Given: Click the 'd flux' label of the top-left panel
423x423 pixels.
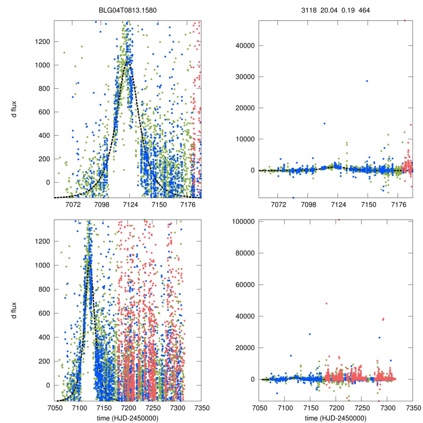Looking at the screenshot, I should (14, 109).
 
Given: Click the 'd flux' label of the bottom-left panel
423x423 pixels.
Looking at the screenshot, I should (14, 310).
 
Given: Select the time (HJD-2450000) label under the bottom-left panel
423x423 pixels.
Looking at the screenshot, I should (127, 418).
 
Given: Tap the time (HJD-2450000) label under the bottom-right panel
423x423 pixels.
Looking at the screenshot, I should (335, 418).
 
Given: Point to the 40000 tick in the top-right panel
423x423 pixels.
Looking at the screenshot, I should (244, 45).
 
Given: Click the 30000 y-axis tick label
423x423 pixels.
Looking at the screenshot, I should (244, 76).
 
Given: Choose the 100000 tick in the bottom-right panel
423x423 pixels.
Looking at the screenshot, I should (242, 221).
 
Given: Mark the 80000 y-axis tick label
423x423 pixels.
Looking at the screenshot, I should (244, 253).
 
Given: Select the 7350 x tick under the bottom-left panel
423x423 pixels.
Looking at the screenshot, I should (201, 408).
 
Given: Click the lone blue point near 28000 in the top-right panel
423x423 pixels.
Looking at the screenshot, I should (366, 81).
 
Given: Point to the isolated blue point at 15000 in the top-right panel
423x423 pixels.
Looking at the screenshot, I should (324, 124).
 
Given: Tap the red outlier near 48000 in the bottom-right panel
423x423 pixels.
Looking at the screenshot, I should (326, 304).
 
